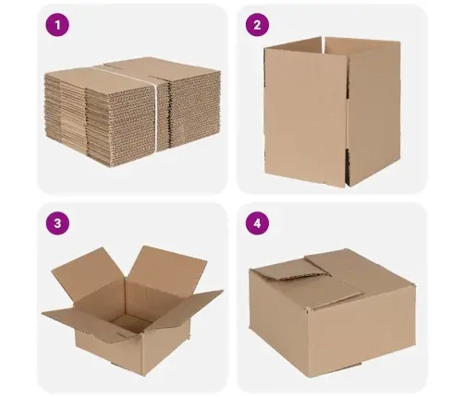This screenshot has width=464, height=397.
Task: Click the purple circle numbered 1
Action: [x=57, y=25]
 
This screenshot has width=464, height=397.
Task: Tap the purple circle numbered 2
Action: [x=257, y=25]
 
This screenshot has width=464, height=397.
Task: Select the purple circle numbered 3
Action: [x=57, y=223]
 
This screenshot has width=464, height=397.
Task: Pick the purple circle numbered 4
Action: [x=257, y=223]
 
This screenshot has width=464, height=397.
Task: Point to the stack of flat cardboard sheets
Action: [x=132, y=112]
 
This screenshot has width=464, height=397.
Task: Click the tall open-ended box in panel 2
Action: [x=332, y=112]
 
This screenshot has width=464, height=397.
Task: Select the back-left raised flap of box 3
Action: [x=89, y=274]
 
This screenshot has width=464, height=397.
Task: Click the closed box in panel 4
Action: [x=333, y=312]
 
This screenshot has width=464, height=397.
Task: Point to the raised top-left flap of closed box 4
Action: [x=289, y=270]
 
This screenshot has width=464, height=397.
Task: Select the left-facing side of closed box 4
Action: [x=277, y=320]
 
